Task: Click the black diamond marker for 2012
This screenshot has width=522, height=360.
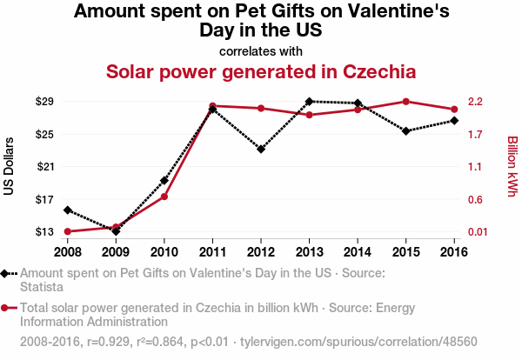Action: (261, 149)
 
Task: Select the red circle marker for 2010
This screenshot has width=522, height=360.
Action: (164, 197)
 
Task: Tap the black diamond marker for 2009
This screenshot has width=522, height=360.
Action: (116, 231)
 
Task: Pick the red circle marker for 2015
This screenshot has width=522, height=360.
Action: (405, 102)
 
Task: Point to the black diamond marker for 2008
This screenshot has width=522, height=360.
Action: (68, 210)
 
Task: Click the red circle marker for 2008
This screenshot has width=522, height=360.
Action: (68, 231)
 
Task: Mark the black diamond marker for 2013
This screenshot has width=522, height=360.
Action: (309, 102)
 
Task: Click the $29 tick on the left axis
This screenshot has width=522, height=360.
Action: (44, 102)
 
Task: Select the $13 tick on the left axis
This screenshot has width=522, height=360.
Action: (44, 231)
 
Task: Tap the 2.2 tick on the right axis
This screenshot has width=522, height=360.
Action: (474, 102)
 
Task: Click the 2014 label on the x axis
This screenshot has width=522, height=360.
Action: (358, 251)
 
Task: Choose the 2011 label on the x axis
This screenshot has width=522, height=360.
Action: (212, 251)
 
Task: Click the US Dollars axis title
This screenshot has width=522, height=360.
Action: (10, 166)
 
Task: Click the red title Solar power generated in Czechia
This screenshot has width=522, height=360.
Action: (261, 70)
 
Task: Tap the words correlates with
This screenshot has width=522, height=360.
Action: (261, 50)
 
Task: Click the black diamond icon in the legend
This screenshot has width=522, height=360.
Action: (6, 273)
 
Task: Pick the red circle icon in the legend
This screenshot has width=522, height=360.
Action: (6, 308)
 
